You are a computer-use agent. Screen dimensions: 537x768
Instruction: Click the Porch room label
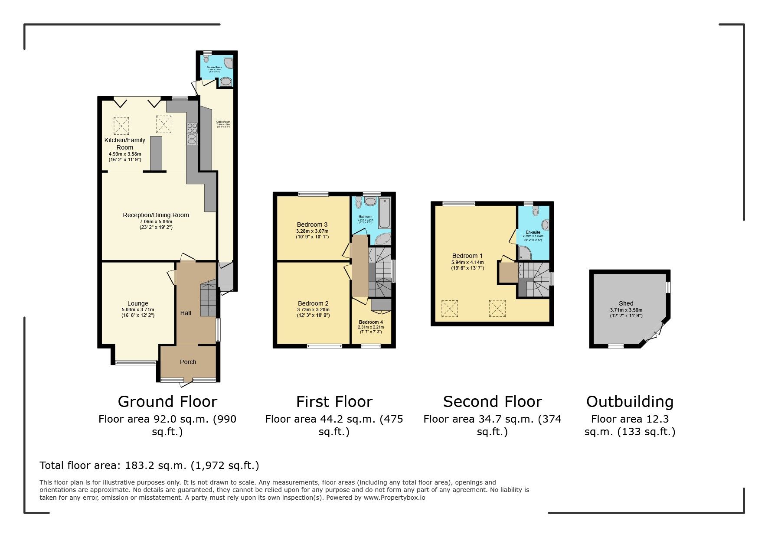tap(188, 362)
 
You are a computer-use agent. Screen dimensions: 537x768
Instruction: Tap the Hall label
tap(186, 313)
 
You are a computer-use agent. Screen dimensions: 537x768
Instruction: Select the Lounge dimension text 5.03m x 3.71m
tap(138, 310)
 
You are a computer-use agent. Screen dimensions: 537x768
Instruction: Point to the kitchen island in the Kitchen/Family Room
tap(156, 154)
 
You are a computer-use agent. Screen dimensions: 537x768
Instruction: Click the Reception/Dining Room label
tap(156, 215)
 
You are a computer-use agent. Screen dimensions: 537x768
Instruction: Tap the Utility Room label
tap(223, 122)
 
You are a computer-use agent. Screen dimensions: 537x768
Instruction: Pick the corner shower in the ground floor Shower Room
tap(229, 63)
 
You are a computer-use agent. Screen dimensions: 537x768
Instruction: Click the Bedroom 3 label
tap(312, 225)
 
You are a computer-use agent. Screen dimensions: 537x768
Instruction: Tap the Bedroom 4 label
tap(371, 322)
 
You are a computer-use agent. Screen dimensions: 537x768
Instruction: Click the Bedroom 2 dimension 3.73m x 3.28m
tap(313, 309)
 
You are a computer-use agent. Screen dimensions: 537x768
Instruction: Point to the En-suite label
tap(533, 232)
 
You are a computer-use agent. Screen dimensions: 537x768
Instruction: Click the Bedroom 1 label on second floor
tap(467, 256)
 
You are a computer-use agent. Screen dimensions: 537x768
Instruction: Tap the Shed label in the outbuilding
tap(626, 303)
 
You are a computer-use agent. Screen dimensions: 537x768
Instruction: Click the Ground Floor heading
tap(167, 402)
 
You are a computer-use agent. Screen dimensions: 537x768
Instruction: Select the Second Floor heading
tap(492, 402)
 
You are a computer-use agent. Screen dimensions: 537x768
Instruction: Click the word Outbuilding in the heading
tap(630, 402)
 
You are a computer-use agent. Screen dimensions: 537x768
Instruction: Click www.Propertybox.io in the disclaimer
tap(394, 498)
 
